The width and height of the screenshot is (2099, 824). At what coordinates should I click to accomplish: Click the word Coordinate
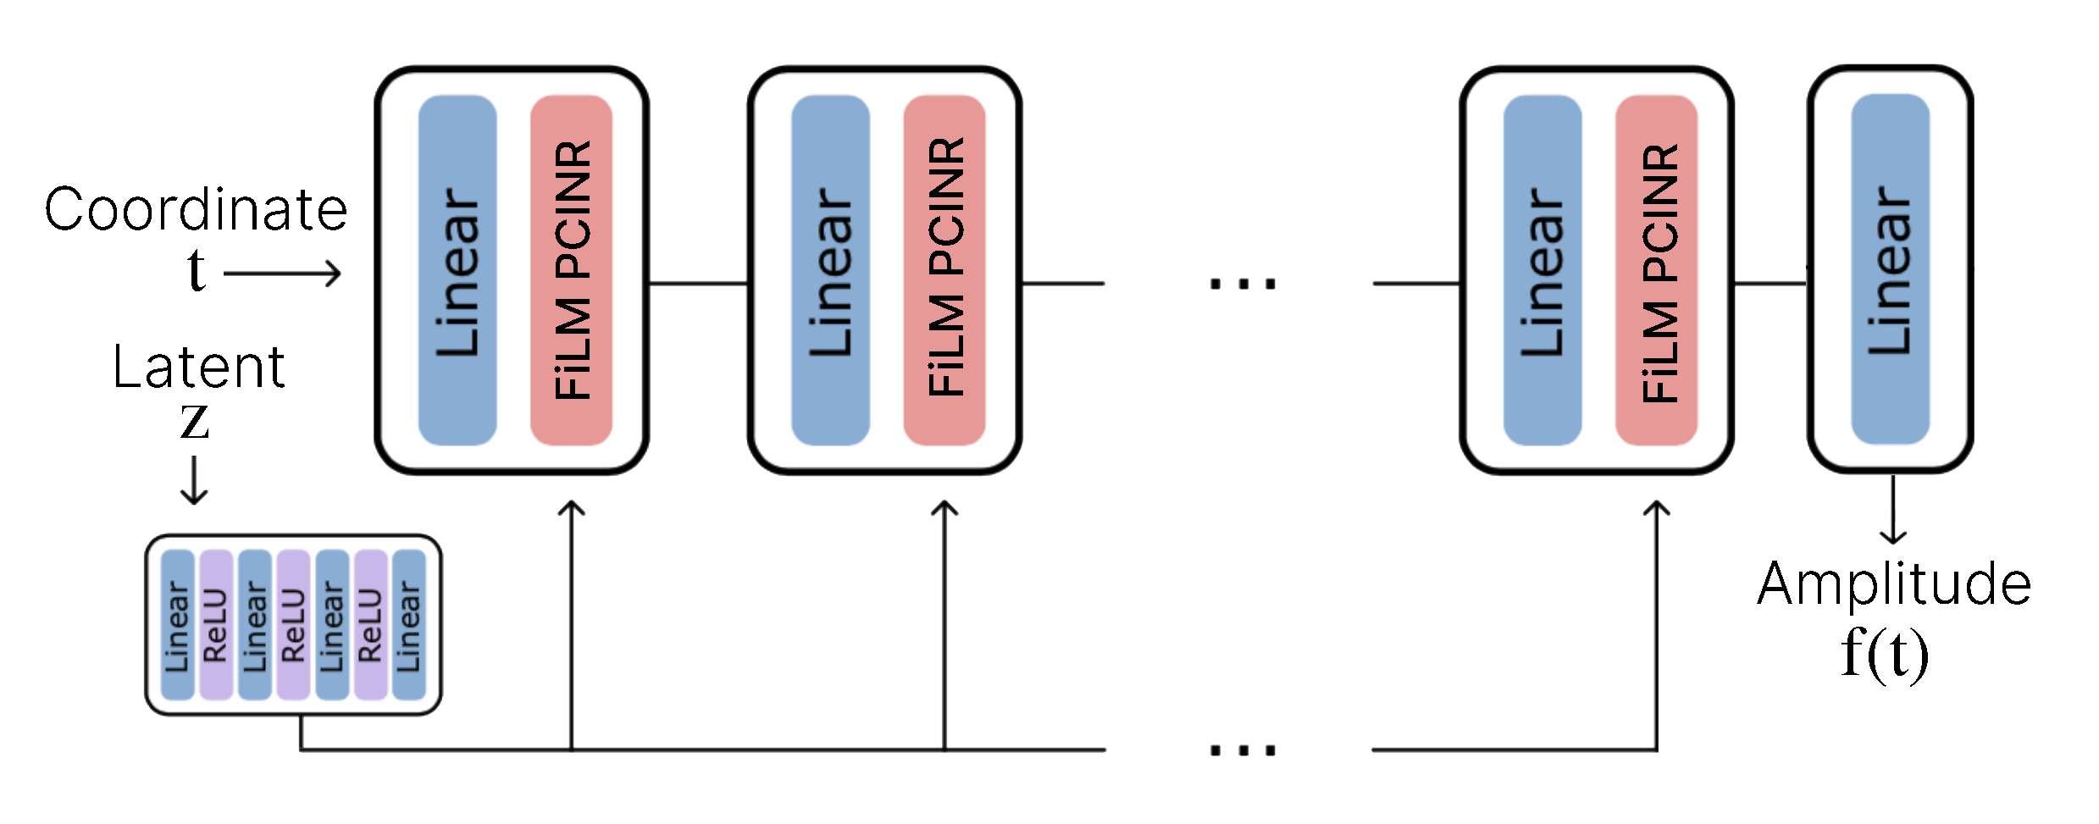coord(196,209)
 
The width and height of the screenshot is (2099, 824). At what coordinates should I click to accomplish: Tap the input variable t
coord(196,270)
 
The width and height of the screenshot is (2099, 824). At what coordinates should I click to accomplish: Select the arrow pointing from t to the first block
coord(282,273)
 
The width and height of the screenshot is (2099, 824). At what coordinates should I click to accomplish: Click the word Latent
coord(198,368)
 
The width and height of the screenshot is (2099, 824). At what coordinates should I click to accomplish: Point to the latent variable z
coord(194,421)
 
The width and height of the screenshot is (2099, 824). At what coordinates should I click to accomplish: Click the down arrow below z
coord(194,479)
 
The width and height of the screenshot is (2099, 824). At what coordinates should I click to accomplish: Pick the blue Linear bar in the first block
coord(457,270)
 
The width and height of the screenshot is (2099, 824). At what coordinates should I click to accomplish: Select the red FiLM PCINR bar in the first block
coord(571,270)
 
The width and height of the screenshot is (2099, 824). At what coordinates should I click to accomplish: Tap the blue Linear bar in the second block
coord(830,270)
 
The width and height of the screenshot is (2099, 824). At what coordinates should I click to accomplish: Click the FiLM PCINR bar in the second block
coord(944,270)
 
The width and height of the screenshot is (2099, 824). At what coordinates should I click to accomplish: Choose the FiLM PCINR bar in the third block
coord(1656,270)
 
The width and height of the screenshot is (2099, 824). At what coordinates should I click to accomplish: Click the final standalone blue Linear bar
coord(1890,268)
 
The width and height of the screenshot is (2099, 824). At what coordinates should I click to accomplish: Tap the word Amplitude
coord(1894,584)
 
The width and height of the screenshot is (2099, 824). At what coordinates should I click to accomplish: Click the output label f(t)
coord(1884,654)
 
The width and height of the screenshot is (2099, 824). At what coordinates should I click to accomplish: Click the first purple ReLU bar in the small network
coord(216,625)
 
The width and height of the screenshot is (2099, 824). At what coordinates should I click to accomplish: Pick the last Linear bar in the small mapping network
coord(408,625)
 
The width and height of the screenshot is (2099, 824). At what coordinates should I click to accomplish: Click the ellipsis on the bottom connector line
coord(1241,749)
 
